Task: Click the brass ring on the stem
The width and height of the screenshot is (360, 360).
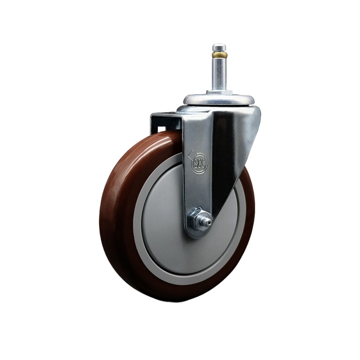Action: point(219,55)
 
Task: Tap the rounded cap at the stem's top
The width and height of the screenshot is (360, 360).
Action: point(219,47)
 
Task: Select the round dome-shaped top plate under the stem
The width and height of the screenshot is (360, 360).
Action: point(219,99)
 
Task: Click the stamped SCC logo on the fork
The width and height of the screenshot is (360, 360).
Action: point(197,164)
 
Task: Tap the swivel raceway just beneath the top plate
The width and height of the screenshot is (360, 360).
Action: point(216,108)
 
